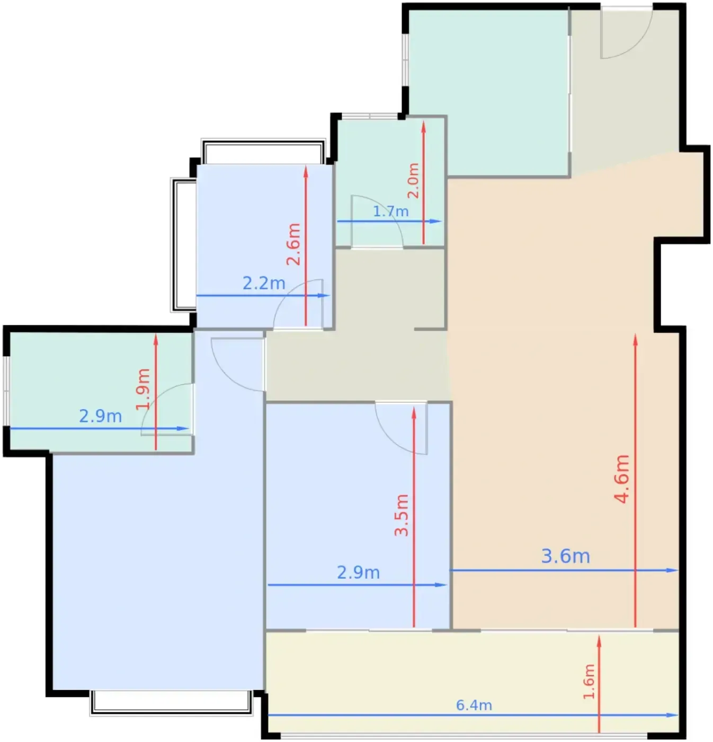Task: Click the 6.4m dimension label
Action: pyautogui.click(x=474, y=705)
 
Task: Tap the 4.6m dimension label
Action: pyautogui.click(x=621, y=479)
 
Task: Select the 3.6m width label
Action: pyautogui.click(x=566, y=556)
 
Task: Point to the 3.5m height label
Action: pyautogui.click(x=402, y=515)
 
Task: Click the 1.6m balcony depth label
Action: pyautogui.click(x=589, y=682)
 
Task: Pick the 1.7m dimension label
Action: pyautogui.click(x=390, y=211)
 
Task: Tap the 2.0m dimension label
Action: pyautogui.click(x=413, y=181)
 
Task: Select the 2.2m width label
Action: pyautogui.click(x=264, y=284)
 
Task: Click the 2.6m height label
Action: pyautogui.click(x=293, y=244)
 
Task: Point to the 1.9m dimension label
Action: pyautogui.click(x=143, y=389)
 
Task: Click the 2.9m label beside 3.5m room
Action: pyautogui.click(x=358, y=573)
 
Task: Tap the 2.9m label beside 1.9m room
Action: pyautogui.click(x=101, y=416)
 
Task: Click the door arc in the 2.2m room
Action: pyautogui.click(x=290, y=294)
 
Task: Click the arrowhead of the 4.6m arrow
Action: pyautogui.click(x=635, y=339)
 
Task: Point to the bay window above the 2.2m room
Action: pyautogui.click(x=263, y=152)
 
